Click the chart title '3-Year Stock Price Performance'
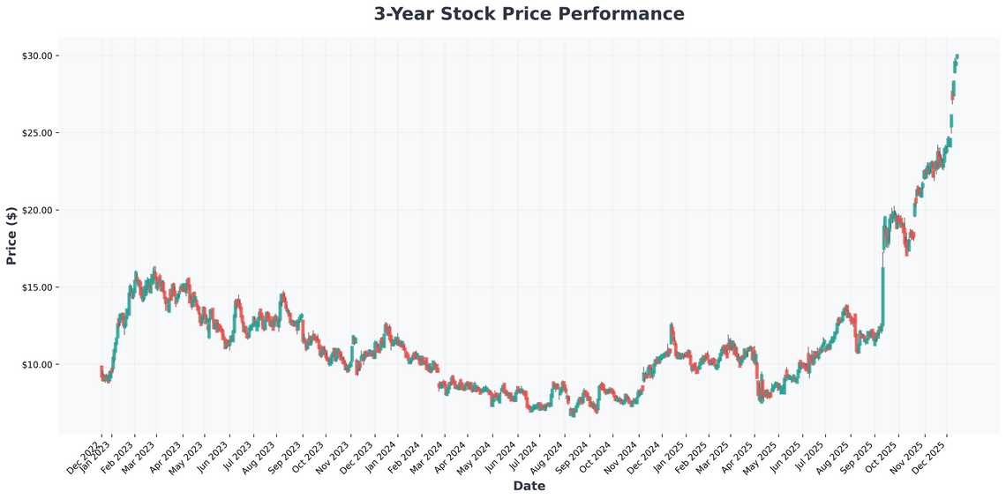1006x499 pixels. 529,14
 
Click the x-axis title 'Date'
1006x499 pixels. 529,486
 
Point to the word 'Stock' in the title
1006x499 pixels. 485,14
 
